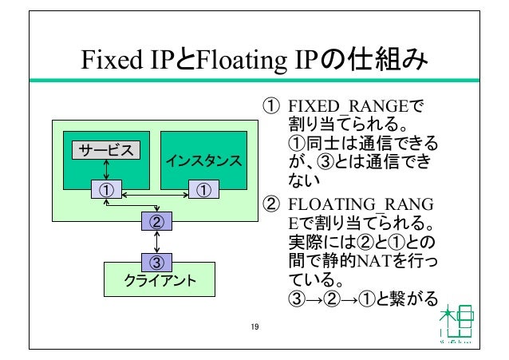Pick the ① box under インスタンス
tap(203, 189)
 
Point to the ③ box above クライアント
tap(157, 261)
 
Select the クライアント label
tap(157, 280)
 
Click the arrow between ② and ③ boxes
tap(157, 241)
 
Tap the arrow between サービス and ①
tap(106, 169)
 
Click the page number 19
tap(254, 326)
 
